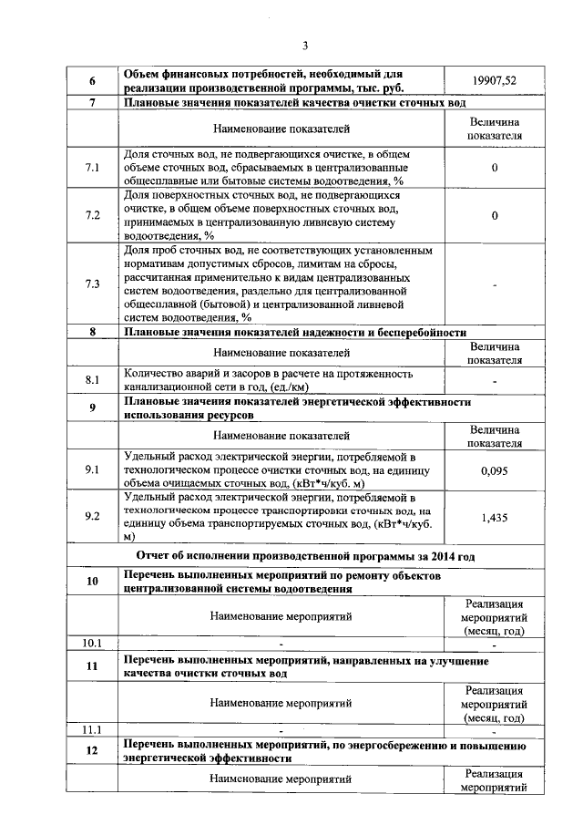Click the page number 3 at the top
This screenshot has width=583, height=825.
(305, 46)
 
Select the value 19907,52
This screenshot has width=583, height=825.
(494, 80)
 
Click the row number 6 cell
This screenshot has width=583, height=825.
(92, 80)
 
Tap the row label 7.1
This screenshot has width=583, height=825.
(92, 168)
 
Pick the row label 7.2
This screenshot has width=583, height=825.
(92, 215)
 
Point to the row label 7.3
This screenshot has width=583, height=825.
(92, 284)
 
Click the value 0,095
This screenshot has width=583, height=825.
(494, 470)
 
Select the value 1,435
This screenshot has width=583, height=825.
(494, 517)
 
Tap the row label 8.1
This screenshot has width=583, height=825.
(92, 380)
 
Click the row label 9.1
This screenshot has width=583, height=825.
(92, 470)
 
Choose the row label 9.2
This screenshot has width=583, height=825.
(92, 517)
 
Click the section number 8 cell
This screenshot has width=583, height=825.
(92, 333)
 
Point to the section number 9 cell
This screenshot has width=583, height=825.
(92, 407)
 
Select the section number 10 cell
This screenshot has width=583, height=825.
(92, 582)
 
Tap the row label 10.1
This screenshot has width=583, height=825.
(92, 644)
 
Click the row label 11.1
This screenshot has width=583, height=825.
(92, 730)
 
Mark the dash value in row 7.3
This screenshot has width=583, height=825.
(494, 284)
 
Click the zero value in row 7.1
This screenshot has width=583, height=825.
(494, 168)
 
